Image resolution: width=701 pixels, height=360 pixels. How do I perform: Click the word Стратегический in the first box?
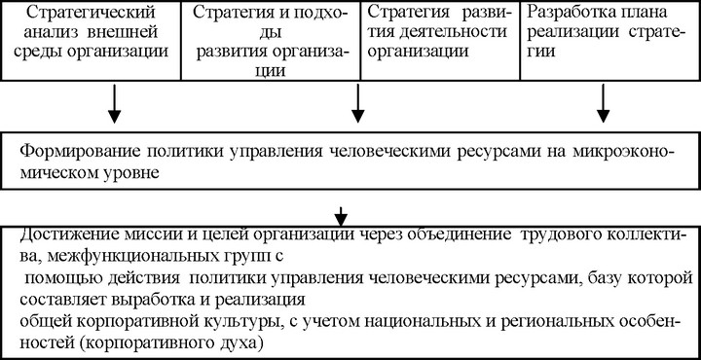tap(92, 13)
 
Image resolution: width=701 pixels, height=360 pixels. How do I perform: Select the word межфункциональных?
tap(135, 258)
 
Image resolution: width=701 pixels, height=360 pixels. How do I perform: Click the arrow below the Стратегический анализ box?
tap(115, 104)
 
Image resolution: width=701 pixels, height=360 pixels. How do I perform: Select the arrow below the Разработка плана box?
tap(604, 104)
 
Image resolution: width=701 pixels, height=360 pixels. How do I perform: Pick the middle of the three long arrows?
tap(357, 104)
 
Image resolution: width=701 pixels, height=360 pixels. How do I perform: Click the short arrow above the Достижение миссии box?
tap(341, 216)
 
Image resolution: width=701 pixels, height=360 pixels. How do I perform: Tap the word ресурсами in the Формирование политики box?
tap(478, 153)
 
